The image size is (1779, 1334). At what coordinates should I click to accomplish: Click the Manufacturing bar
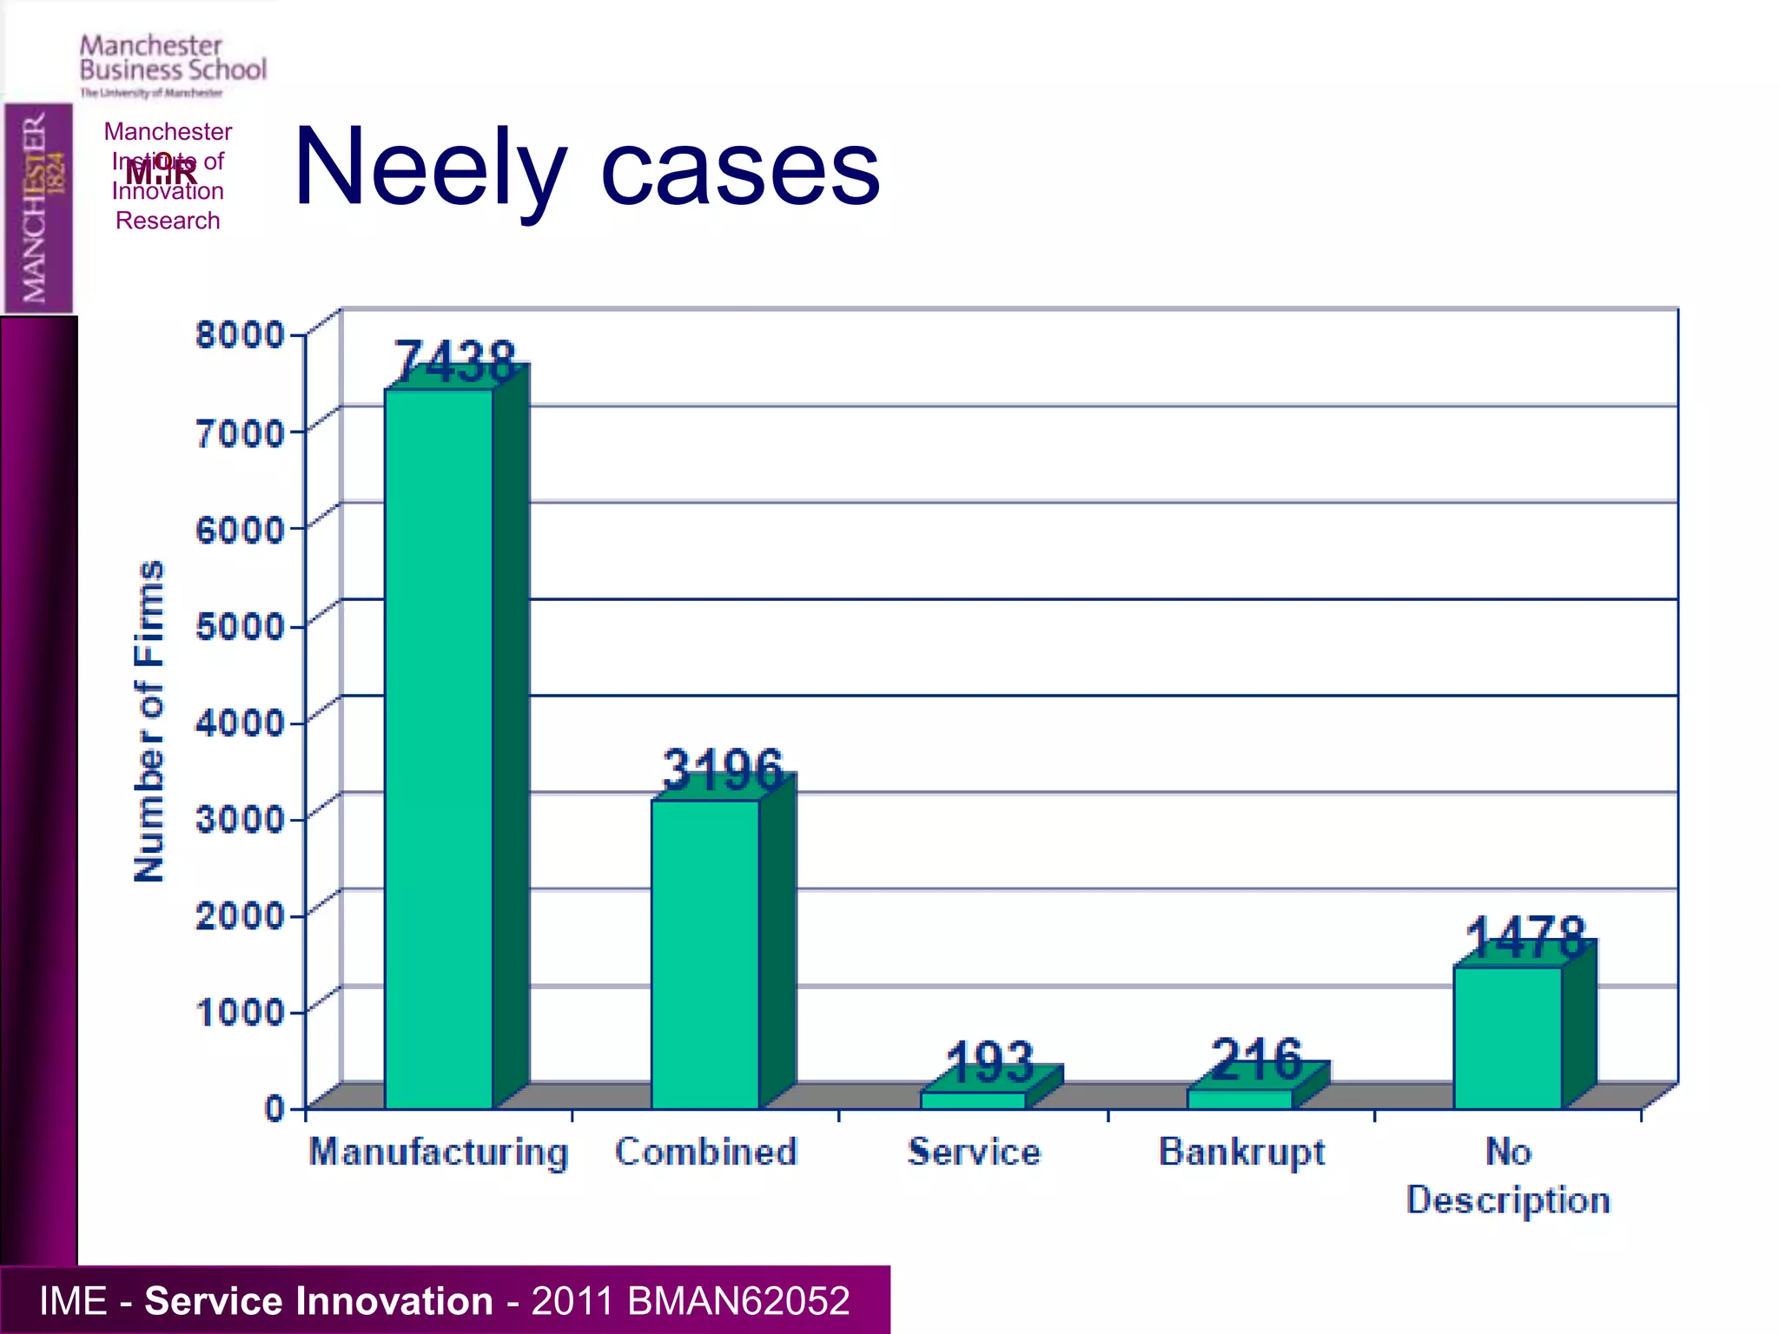tap(440, 747)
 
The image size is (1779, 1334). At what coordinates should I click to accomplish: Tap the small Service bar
tap(974, 1100)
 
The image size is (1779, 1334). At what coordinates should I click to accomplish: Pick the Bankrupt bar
tap(1240, 1098)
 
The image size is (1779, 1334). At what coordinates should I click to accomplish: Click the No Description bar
tap(1508, 1037)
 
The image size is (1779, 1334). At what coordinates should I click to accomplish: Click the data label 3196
tap(723, 769)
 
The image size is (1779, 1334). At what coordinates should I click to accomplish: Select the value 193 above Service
tap(990, 1061)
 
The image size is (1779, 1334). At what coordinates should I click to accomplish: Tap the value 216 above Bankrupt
tap(1257, 1059)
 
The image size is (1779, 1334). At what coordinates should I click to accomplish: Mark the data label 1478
tap(1525, 938)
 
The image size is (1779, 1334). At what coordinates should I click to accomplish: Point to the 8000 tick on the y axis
tap(240, 334)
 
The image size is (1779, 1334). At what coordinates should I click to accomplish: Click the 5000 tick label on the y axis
tap(240, 625)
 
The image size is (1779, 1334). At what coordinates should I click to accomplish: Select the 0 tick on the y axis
tap(274, 1108)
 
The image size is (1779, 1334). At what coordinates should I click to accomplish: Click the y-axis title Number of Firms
tap(149, 721)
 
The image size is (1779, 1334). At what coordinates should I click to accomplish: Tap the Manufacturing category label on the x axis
tap(440, 1153)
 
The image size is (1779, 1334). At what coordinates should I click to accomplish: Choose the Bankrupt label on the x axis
tap(1242, 1153)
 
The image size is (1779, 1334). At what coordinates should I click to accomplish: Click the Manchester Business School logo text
tap(173, 58)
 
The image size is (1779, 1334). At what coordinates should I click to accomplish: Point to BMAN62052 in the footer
tap(738, 1301)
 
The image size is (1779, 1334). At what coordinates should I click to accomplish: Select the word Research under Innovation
tap(168, 221)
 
